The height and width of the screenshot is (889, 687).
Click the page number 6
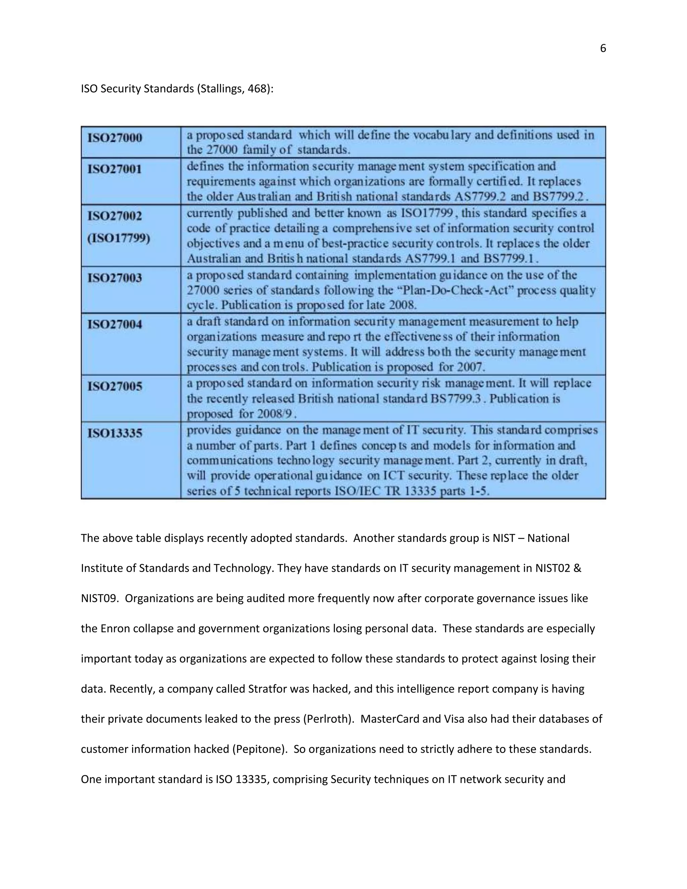(603, 48)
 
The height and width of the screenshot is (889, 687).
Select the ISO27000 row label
(115, 138)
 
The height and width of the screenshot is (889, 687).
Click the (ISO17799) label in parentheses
(118, 238)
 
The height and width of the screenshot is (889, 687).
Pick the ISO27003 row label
(115, 278)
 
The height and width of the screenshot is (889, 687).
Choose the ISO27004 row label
(115, 324)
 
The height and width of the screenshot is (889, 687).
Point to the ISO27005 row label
(115, 386)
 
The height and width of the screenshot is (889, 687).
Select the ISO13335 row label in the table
(115, 433)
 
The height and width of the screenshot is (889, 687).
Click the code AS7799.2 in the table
(480, 197)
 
